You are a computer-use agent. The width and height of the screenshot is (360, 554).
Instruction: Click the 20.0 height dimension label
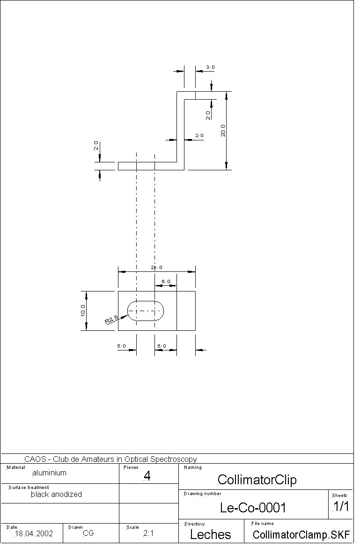[223, 131]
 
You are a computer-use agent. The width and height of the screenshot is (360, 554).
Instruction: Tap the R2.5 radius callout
[111, 320]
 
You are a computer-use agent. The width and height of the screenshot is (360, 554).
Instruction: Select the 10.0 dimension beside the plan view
[83, 311]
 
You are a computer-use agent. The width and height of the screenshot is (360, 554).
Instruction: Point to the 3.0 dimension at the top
[210, 67]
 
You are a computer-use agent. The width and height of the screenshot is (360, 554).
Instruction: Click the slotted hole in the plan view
[146, 311]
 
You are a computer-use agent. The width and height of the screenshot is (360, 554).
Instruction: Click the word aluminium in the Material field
[49, 473]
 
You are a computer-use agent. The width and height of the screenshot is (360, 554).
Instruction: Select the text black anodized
[56, 494]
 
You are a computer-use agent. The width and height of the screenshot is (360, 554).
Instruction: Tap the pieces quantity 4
[147, 476]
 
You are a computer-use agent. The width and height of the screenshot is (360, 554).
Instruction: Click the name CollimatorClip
[257, 480]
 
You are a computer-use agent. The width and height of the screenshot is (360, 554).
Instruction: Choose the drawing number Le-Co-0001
[253, 508]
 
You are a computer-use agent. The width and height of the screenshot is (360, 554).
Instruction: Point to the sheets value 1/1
[341, 506]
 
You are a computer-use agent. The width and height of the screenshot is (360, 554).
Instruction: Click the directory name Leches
[211, 535]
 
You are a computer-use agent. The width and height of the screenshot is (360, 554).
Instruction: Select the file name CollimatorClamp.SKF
[301, 535]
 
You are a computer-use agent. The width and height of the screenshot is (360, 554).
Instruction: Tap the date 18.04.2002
[34, 533]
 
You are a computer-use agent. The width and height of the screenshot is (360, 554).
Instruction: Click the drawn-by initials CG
[88, 533]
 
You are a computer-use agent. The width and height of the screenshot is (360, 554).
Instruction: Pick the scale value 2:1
[148, 533]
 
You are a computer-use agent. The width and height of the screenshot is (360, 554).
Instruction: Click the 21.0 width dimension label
[156, 268]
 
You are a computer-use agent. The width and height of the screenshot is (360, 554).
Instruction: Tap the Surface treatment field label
[29, 488]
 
